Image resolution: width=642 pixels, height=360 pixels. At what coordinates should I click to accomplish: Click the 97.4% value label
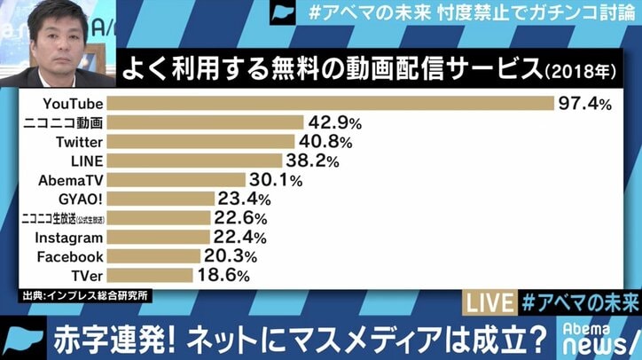(x=585, y=104)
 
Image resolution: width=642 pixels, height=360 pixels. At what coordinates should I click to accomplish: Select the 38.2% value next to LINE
(x=312, y=160)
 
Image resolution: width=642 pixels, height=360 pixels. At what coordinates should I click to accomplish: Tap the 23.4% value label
(x=245, y=199)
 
